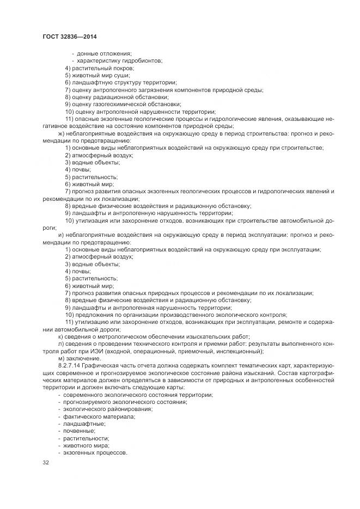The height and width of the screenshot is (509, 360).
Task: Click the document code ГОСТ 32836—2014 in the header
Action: click(x=69, y=37)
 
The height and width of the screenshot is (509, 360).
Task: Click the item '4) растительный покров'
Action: click(x=99, y=68)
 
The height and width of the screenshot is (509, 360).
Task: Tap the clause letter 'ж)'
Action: click(x=61, y=133)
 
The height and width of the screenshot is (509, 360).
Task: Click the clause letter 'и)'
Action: click(x=60, y=235)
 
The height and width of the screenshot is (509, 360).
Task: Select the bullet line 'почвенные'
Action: click(x=81, y=430)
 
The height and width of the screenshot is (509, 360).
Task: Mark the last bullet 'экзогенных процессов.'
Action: click(x=95, y=452)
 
